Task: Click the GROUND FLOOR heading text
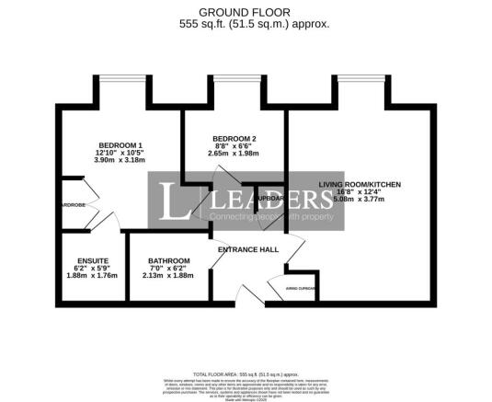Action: (246, 12)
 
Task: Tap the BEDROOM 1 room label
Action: (121, 145)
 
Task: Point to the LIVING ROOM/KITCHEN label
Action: (360, 185)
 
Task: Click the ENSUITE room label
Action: (93, 260)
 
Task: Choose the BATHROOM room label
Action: (169, 260)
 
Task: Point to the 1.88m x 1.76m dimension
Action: (93, 275)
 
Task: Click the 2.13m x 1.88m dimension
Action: (169, 275)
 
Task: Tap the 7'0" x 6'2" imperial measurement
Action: (169, 268)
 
